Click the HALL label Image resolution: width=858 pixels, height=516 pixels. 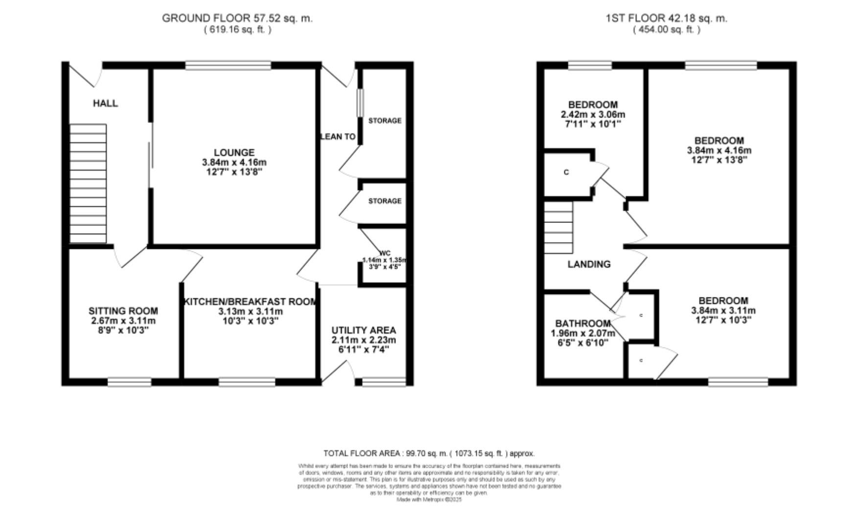coord(105,103)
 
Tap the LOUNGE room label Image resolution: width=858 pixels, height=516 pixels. coord(234,153)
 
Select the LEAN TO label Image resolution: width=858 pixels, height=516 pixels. coord(338,137)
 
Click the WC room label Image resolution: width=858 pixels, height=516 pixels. coord(385,253)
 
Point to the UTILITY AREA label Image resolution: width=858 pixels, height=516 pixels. coord(363,330)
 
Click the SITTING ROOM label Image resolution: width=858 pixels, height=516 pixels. coord(123,311)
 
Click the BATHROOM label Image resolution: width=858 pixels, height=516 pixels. coord(582,323)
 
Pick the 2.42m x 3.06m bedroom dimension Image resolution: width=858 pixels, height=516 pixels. coord(593,115)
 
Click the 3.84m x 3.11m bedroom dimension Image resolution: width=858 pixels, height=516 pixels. coord(723,311)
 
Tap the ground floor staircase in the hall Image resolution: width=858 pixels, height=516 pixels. coord(88,183)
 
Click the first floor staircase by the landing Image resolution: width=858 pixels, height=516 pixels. coord(558,227)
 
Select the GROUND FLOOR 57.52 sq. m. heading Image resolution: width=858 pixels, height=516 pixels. coord(237,19)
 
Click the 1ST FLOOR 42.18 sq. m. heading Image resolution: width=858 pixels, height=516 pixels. coord(666,19)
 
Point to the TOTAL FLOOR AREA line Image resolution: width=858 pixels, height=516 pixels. coord(429,453)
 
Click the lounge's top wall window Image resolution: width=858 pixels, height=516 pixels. coord(228,65)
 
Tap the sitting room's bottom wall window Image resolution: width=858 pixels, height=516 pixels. coord(129,382)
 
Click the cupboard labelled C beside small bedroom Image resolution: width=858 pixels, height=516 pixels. coord(567,172)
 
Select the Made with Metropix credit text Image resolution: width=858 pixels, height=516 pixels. coord(429,500)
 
